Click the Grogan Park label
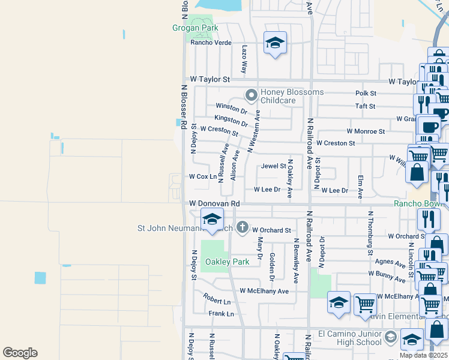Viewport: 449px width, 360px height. click(194, 28)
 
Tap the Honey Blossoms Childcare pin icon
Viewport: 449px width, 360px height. click(251, 95)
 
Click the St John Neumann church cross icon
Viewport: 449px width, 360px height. click(242, 227)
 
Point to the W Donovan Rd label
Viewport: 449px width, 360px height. click(214, 204)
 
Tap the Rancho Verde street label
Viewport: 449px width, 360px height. click(211, 43)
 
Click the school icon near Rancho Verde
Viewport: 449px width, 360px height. click(275, 43)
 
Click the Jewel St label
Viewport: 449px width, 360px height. click(273, 166)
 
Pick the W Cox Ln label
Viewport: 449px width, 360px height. click(202, 177)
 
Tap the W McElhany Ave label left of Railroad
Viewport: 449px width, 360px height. click(264, 291)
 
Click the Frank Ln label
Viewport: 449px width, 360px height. click(221, 314)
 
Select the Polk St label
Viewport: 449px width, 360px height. click(366, 94)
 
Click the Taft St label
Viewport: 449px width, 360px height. click(365, 106)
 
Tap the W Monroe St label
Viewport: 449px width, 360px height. click(366, 131)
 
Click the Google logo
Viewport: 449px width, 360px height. click(20, 353)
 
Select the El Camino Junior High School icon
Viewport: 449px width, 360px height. click(391, 335)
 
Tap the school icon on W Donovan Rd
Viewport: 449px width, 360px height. click(212, 220)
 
